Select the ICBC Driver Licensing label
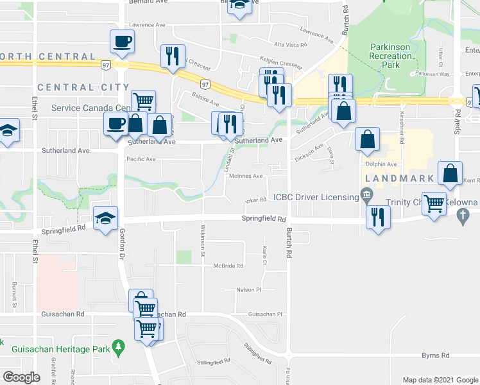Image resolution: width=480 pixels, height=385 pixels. coord(316,196)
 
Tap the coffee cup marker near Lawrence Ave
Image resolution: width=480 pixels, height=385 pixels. coord(122,42)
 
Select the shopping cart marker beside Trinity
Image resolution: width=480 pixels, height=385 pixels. coord(435,203)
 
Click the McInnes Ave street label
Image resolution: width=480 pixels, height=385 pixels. coord(247,176)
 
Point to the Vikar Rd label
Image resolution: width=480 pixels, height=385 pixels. coord(255,200)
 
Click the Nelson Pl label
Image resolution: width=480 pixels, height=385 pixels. coord(249,290)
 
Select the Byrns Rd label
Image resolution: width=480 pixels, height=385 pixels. coord(435,355)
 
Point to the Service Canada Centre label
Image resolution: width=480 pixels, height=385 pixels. coord(90,108)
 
